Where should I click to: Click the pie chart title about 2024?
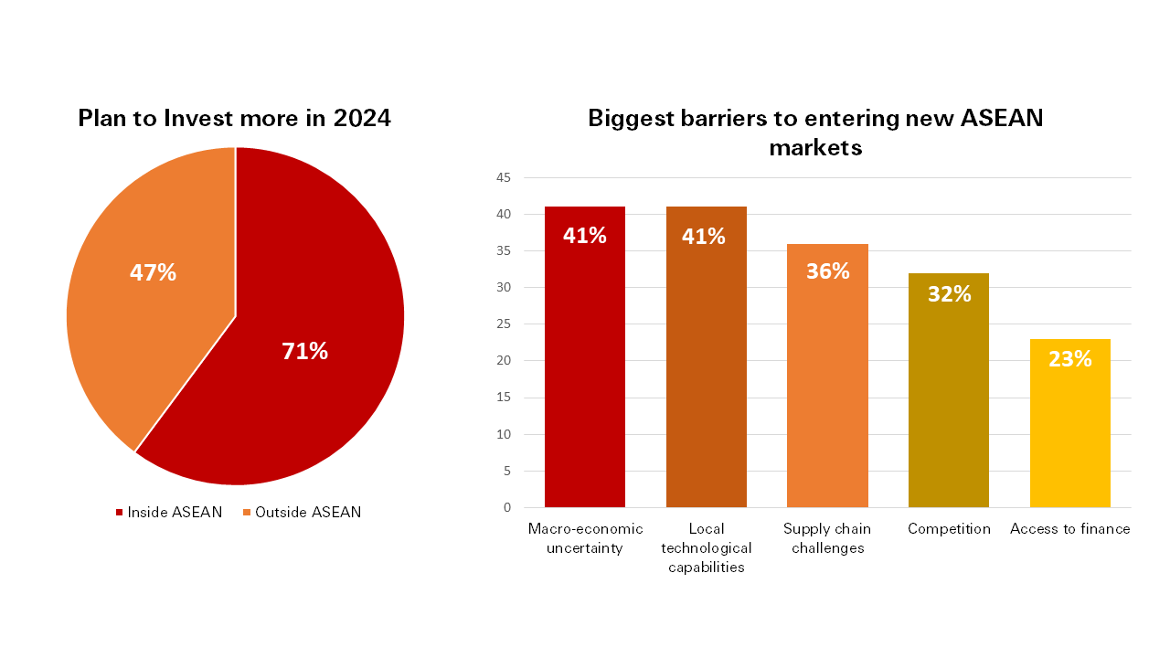pyautogui.click(x=234, y=118)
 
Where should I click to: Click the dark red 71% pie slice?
pyautogui.click(x=302, y=366)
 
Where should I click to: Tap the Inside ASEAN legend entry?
pyautogui.click(x=169, y=512)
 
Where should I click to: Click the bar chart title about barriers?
pyautogui.click(x=815, y=132)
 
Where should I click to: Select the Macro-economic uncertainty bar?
pyautogui.click(x=585, y=366)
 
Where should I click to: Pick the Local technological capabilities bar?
pyautogui.click(x=707, y=366)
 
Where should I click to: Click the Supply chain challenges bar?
pyautogui.click(x=827, y=384)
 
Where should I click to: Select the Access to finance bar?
pyautogui.click(x=1070, y=430)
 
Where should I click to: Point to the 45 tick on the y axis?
pyautogui.click(x=505, y=177)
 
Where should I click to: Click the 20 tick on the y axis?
pyautogui.click(x=505, y=361)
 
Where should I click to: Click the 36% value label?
pyautogui.click(x=827, y=271)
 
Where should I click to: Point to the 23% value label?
pyautogui.click(x=1070, y=359)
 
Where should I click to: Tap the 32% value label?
pyautogui.click(x=949, y=294)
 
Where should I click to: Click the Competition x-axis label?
pyautogui.click(x=949, y=529)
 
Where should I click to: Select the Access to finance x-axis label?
pyautogui.click(x=1070, y=529)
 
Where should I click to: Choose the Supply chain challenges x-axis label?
pyautogui.click(x=827, y=538)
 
